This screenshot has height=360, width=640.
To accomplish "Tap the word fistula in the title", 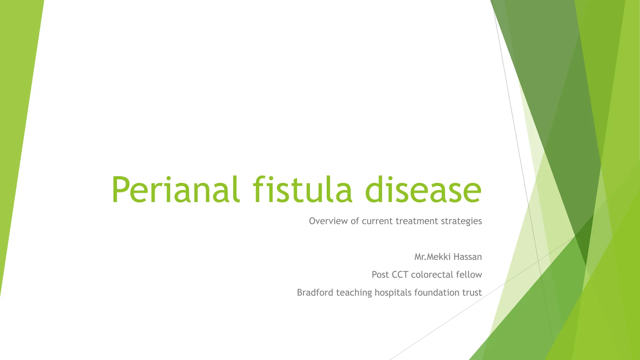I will point(302,189).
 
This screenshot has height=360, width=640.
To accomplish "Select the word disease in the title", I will point(423,189).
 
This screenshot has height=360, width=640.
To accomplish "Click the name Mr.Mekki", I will point(432,257).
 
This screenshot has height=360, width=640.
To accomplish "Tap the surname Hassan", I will point(468,257).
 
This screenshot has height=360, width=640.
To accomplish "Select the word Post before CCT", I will point(380,275).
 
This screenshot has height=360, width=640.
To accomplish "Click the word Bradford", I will point(315,292).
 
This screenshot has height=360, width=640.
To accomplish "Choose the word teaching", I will point(354,293).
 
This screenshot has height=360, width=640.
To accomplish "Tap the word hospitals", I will point(393,293).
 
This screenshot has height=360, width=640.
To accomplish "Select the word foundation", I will point(436,292).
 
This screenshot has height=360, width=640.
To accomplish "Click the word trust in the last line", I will point(472,292).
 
